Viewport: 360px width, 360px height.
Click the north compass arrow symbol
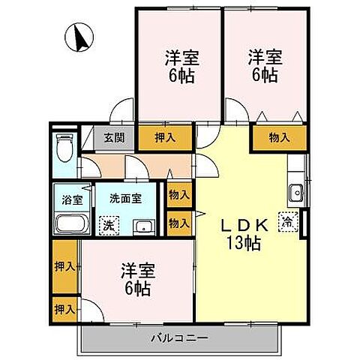[x=79, y=36]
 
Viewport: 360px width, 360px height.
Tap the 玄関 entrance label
[x=115, y=137]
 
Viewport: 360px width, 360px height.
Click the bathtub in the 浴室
[x=70, y=223]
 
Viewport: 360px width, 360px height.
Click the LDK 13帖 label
[x=244, y=232]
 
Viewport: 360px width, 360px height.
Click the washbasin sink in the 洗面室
[x=142, y=226]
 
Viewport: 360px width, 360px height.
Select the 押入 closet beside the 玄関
[x=165, y=137]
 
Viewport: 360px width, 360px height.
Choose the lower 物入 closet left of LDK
[x=178, y=223]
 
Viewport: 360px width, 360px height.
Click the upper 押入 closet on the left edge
[x=64, y=266]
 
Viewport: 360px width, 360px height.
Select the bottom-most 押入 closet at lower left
[x=64, y=307]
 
